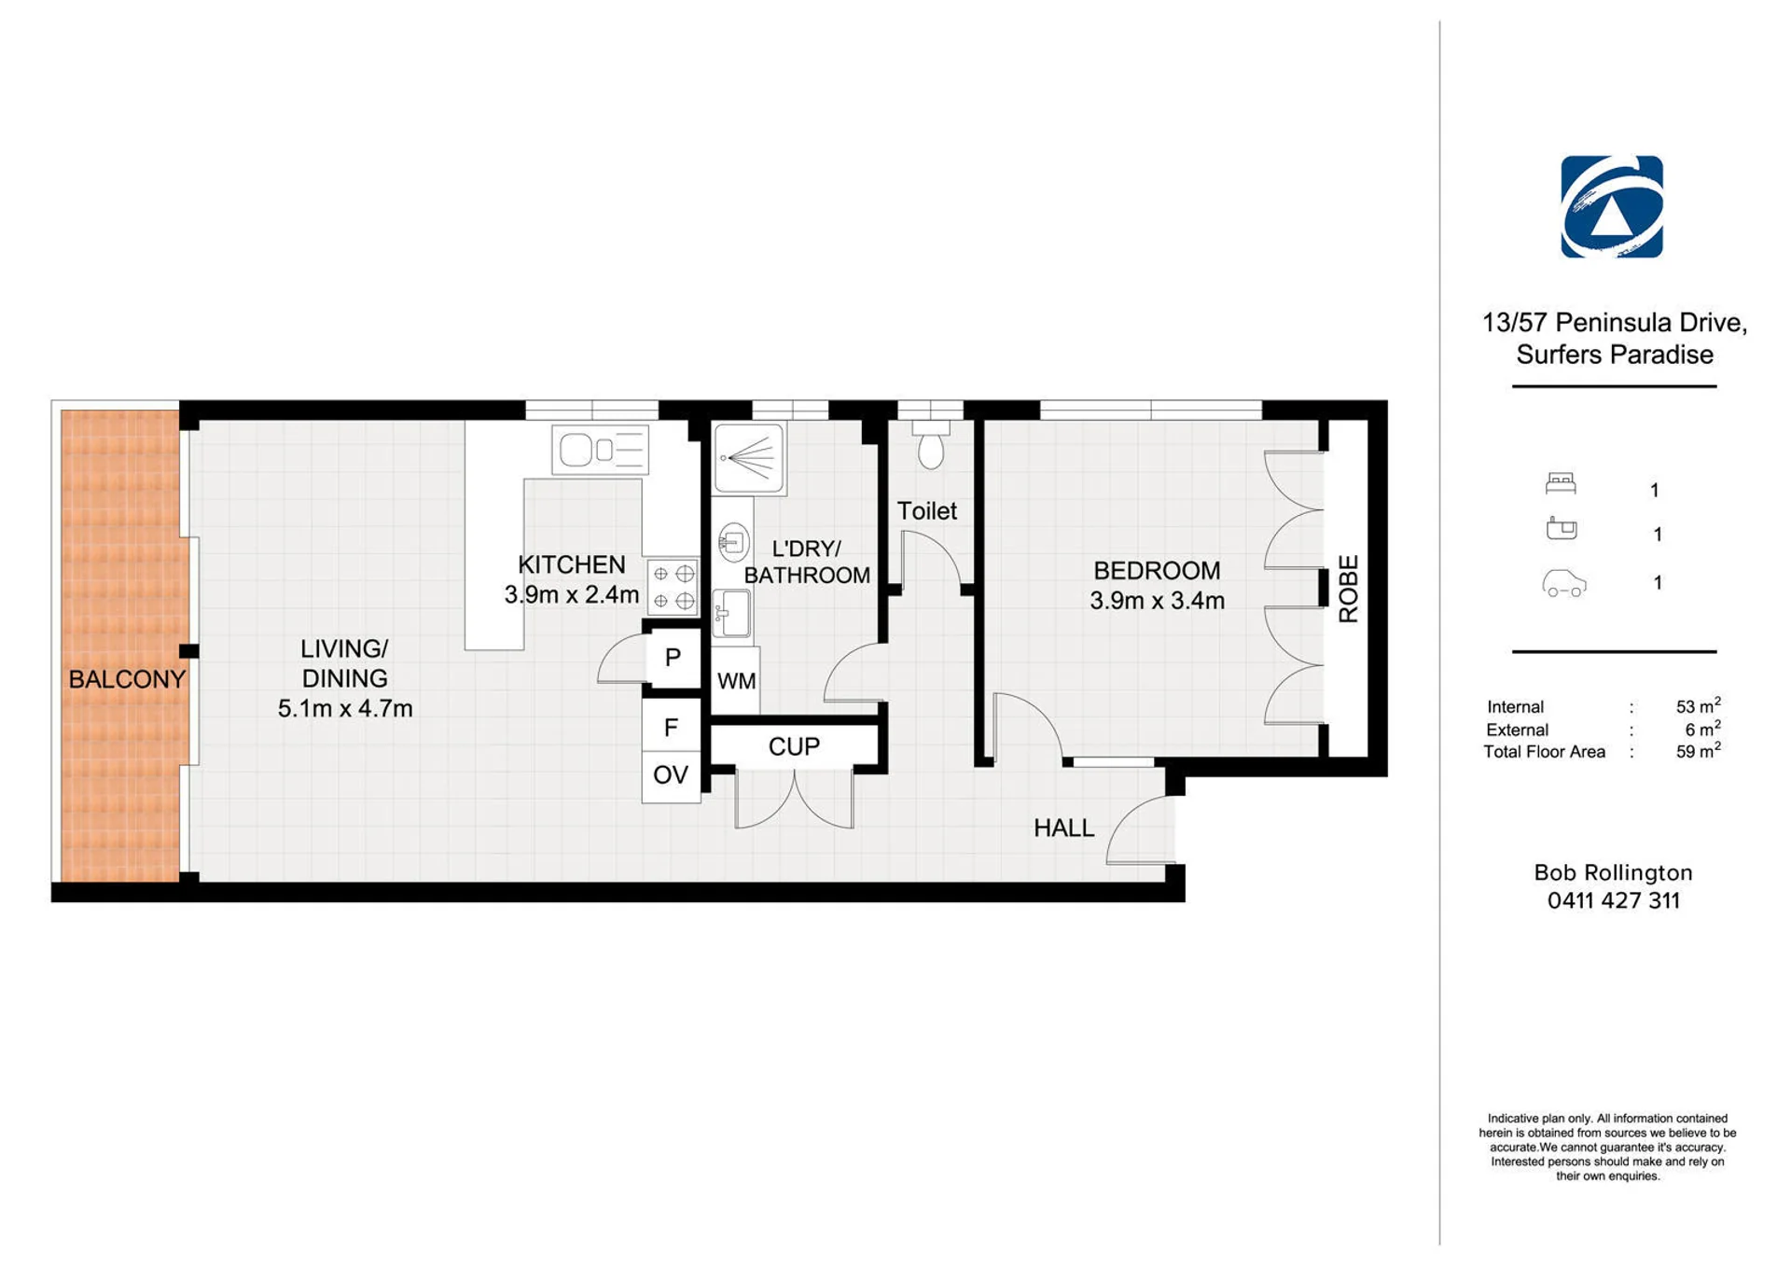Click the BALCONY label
click(127, 679)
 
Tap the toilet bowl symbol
click(930, 445)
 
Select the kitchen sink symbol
click(600, 451)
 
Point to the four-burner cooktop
click(673, 587)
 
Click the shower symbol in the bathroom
click(749, 457)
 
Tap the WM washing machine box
click(736, 681)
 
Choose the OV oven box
click(671, 775)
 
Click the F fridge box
click(671, 727)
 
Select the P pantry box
click(673, 657)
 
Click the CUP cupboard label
click(794, 746)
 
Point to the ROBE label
click(1348, 589)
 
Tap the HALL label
click(1063, 828)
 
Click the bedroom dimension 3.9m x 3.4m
click(1157, 601)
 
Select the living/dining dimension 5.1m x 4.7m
click(345, 708)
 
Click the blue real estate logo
click(1612, 206)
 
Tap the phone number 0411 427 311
click(1614, 900)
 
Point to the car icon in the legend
click(1564, 583)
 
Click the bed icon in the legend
click(1561, 483)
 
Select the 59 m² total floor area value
click(1698, 750)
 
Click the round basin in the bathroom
click(734, 541)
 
